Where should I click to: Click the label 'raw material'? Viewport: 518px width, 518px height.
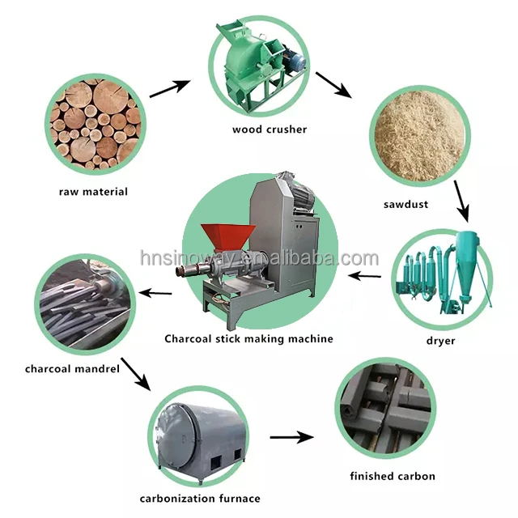tap(93, 192)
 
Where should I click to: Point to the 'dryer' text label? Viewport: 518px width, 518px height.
tap(442, 341)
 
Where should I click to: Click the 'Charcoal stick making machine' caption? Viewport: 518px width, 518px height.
tap(248, 338)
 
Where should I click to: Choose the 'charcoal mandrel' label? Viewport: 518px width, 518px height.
tap(72, 369)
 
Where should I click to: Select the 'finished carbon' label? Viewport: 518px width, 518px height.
tap(393, 476)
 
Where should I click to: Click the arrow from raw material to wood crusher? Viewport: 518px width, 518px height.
tap(169, 88)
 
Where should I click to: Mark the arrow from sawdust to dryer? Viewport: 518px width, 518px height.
tap(461, 201)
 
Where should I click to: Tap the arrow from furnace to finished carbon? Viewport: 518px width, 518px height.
tap(291, 437)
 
